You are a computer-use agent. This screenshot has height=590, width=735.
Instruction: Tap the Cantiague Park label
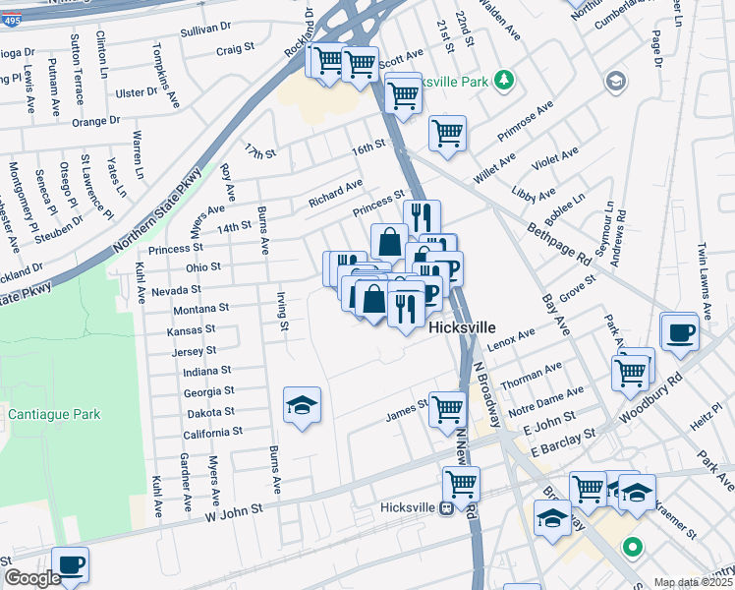[54, 415]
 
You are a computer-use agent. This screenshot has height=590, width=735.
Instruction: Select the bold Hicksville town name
[461, 327]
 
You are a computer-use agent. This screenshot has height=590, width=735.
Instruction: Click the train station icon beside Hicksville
[445, 508]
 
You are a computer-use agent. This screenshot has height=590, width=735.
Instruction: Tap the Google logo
[32, 578]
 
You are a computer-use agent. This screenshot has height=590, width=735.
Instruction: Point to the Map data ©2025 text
[693, 582]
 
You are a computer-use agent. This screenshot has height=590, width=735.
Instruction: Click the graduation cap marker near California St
[303, 405]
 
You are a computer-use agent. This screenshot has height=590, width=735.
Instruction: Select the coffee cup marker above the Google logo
[70, 564]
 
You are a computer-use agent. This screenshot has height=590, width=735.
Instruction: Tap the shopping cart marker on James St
[447, 406]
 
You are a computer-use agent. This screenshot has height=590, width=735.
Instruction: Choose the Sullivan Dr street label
[205, 30]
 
